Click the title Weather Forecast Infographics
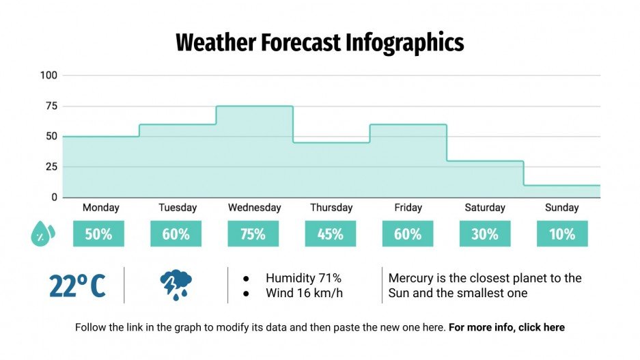pyautogui.click(x=320, y=42)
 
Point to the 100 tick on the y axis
pyautogui.click(x=48, y=75)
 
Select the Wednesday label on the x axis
pyautogui.click(x=254, y=208)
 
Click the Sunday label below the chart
pyautogui.click(x=561, y=208)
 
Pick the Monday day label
pyautogui.click(x=100, y=208)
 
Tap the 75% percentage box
pyautogui.click(x=253, y=234)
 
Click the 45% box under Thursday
pyautogui.click(x=330, y=234)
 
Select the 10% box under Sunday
pyautogui.click(x=561, y=234)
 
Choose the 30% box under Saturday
pyautogui.click(x=484, y=234)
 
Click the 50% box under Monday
pyautogui.click(x=98, y=234)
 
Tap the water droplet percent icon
pyautogui.click(x=42, y=234)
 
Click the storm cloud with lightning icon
pyautogui.click(x=176, y=285)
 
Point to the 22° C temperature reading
pyautogui.click(x=77, y=286)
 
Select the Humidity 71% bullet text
pyautogui.click(x=303, y=278)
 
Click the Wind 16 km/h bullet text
pyautogui.click(x=304, y=293)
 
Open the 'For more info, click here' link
pyautogui.click(x=507, y=327)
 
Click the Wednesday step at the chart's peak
pyautogui.click(x=254, y=107)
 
